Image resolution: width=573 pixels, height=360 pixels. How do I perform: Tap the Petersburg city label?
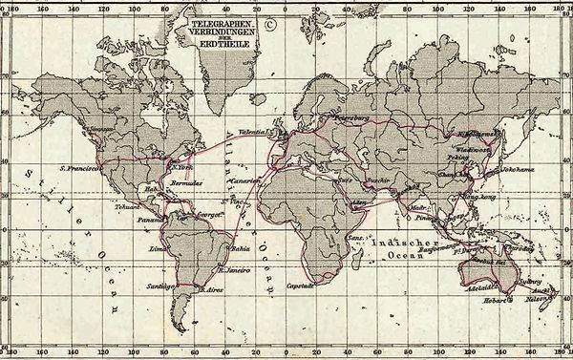click(350, 118)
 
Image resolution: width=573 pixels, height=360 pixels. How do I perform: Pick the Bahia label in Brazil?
click(241, 251)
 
